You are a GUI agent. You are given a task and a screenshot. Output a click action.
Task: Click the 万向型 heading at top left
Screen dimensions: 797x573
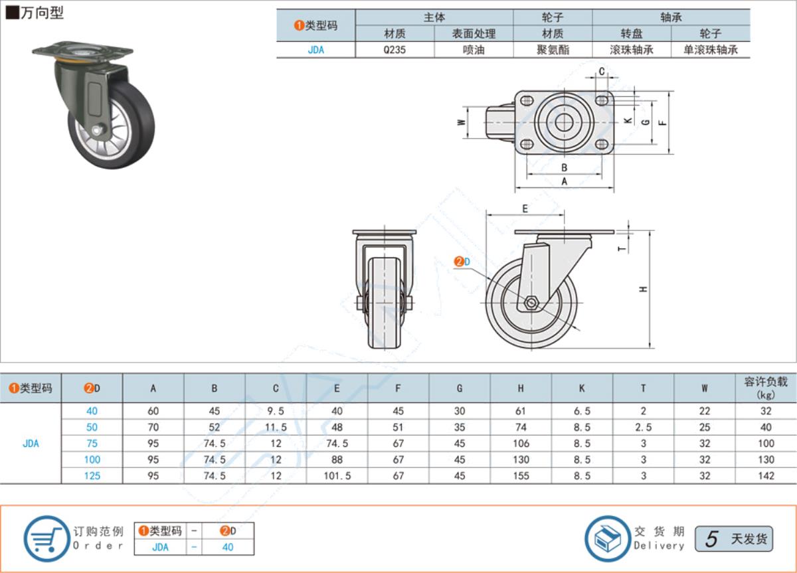42,13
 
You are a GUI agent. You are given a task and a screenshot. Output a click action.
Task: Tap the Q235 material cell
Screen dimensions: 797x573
395,50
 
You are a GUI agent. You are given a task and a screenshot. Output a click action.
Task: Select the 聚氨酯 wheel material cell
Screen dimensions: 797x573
553,50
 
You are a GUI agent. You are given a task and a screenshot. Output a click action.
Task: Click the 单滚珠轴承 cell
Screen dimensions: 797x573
711,50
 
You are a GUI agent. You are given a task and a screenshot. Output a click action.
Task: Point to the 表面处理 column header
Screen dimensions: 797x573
474,34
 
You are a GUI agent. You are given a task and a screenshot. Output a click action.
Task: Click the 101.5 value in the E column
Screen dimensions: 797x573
337,475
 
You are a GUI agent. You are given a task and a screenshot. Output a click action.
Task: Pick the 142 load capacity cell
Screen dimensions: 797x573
766,475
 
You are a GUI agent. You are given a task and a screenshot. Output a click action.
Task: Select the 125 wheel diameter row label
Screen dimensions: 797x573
92,475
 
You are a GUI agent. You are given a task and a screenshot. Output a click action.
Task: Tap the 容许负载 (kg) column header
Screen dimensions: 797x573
766,388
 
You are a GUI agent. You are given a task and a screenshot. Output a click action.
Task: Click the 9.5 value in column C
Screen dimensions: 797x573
276,411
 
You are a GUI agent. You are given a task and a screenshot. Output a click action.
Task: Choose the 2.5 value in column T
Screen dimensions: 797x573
644,427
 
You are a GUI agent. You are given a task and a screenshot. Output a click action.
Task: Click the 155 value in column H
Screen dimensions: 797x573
521,475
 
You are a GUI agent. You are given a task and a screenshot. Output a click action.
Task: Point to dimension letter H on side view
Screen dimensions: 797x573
644,289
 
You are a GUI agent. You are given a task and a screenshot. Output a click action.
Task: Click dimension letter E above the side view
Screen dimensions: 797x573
525,208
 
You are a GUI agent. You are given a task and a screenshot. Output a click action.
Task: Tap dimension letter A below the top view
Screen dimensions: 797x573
565,181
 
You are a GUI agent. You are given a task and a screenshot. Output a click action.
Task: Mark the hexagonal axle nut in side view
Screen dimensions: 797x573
531,303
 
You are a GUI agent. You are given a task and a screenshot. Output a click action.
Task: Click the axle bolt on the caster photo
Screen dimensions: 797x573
97,130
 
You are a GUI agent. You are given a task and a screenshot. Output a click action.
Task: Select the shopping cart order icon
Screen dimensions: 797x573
46,539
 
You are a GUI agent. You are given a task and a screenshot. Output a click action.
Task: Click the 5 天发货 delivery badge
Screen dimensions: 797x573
734,539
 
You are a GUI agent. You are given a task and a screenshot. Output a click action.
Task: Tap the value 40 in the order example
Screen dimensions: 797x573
228,547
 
